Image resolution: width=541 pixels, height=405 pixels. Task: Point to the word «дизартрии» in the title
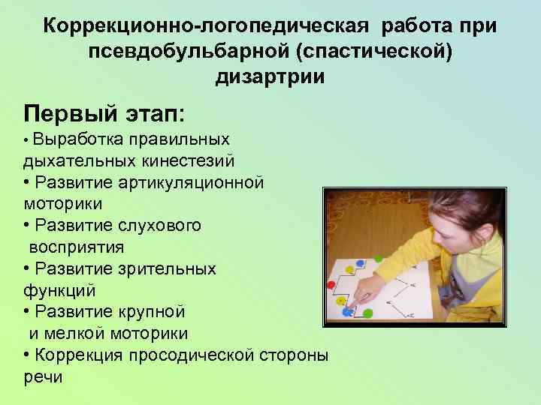(270, 77)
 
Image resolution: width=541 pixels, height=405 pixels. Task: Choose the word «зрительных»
(171, 268)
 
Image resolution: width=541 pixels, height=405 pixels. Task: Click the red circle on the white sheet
(331, 285)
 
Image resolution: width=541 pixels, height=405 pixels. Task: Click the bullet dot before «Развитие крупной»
(28, 311)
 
